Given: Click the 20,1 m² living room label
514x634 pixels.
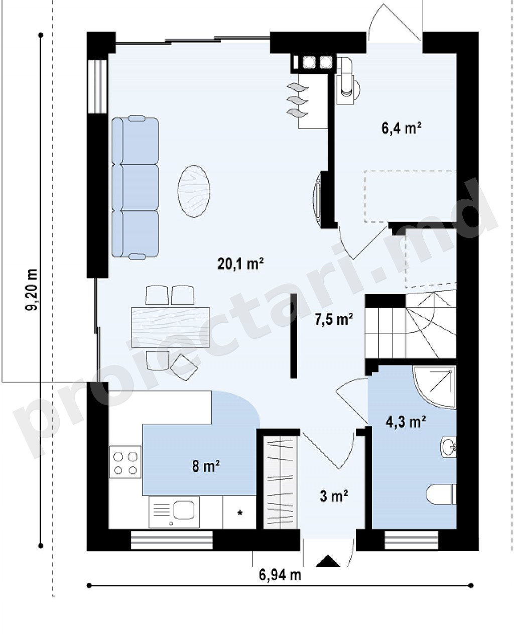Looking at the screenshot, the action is (240, 264).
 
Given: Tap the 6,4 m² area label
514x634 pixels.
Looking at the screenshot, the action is (402, 129).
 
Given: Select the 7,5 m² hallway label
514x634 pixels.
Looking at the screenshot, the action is (334, 319).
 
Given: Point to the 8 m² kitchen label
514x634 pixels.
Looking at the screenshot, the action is (206, 466).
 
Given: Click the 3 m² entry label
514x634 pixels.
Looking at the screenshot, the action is (334, 496).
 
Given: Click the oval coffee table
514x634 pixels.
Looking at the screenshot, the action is (194, 191).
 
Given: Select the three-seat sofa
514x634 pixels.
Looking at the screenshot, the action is (135, 186).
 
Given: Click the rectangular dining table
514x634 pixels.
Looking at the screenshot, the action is (170, 327).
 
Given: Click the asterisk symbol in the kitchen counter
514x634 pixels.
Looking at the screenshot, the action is (239, 513).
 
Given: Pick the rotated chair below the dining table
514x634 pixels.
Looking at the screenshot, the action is (184, 367).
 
